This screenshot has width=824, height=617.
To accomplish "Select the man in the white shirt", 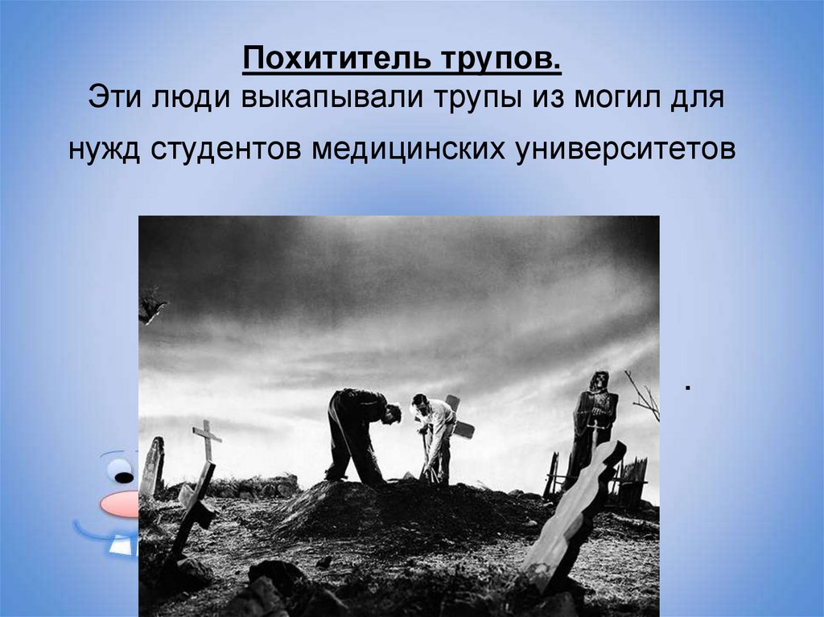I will tap(435, 434).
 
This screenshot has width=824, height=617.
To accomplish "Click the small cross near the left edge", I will tap(207, 438).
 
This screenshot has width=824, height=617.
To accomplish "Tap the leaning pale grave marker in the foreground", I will tap(572, 515).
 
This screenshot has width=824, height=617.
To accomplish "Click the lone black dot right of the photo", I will tap(689, 389).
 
